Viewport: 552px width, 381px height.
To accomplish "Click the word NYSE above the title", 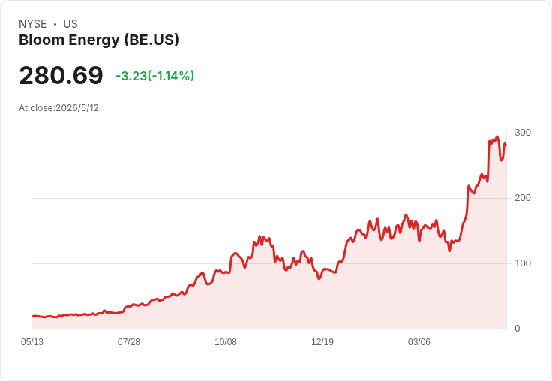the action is pyautogui.click(x=33, y=24).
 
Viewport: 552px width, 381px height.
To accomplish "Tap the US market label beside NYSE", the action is pyautogui.click(x=70, y=24).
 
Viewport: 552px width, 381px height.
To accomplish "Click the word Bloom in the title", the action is pyautogui.click(x=41, y=40).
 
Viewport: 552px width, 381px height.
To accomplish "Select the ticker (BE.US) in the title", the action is pyautogui.click(x=151, y=40).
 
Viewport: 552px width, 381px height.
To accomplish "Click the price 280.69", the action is pyautogui.click(x=61, y=75).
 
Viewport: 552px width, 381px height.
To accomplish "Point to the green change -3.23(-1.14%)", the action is pyautogui.click(x=155, y=76).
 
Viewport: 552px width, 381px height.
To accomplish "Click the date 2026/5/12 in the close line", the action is pyautogui.click(x=77, y=108).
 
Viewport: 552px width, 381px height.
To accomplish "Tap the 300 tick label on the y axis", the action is pyautogui.click(x=523, y=133).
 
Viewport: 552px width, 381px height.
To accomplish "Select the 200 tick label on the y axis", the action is pyautogui.click(x=523, y=198).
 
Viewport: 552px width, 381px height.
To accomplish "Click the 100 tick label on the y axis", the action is pyautogui.click(x=523, y=263).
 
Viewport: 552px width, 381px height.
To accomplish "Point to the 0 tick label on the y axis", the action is pyautogui.click(x=517, y=328).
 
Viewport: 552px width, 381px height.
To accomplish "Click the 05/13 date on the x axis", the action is pyautogui.click(x=32, y=342).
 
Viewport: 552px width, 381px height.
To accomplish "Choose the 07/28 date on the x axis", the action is pyautogui.click(x=129, y=342).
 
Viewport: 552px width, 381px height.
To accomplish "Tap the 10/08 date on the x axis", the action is pyautogui.click(x=226, y=342).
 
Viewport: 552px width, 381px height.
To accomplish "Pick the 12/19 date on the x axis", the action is pyautogui.click(x=322, y=342).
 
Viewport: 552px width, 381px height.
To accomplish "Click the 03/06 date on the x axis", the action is pyautogui.click(x=419, y=342).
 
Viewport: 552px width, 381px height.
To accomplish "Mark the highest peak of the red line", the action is pyautogui.click(x=497, y=136).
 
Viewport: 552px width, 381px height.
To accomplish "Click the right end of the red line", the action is pyautogui.click(x=506, y=145).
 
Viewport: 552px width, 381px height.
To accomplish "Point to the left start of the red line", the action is pyautogui.click(x=33, y=316).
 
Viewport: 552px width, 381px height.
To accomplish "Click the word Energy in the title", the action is pyautogui.click(x=94, y=40).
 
